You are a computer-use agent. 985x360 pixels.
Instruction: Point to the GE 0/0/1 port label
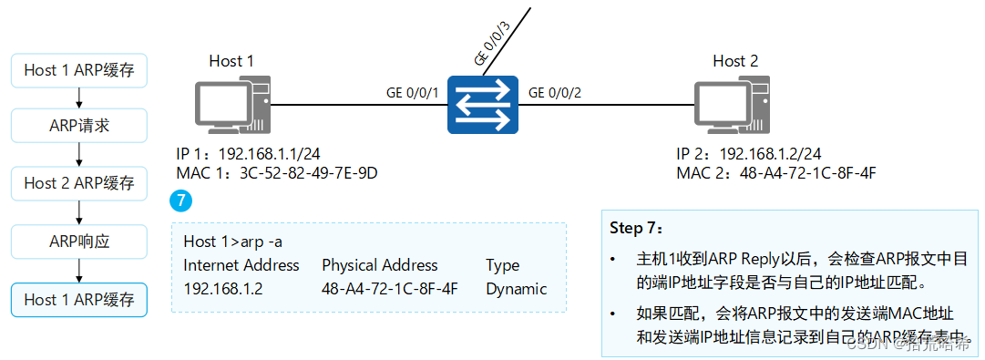coord(413,92)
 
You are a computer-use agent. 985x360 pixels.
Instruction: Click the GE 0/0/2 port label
coord(555,92)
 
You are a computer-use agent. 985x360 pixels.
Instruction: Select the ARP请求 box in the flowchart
coord(79,126)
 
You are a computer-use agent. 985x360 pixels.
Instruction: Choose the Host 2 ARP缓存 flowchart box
coord(79,183)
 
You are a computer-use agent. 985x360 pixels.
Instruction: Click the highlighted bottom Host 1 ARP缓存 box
coord(79,299)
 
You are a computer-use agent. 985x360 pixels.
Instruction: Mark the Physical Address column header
coord(379,265)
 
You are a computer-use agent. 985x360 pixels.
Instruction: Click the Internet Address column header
coord(241,265)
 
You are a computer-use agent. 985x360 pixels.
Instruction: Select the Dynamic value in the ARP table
coord(516,289)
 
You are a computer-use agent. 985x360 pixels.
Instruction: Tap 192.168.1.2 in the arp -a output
coord(222,289)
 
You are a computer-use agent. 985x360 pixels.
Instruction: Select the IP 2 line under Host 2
coord(748,153)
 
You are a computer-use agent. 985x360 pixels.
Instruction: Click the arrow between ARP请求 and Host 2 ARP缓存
coord(79,155)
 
